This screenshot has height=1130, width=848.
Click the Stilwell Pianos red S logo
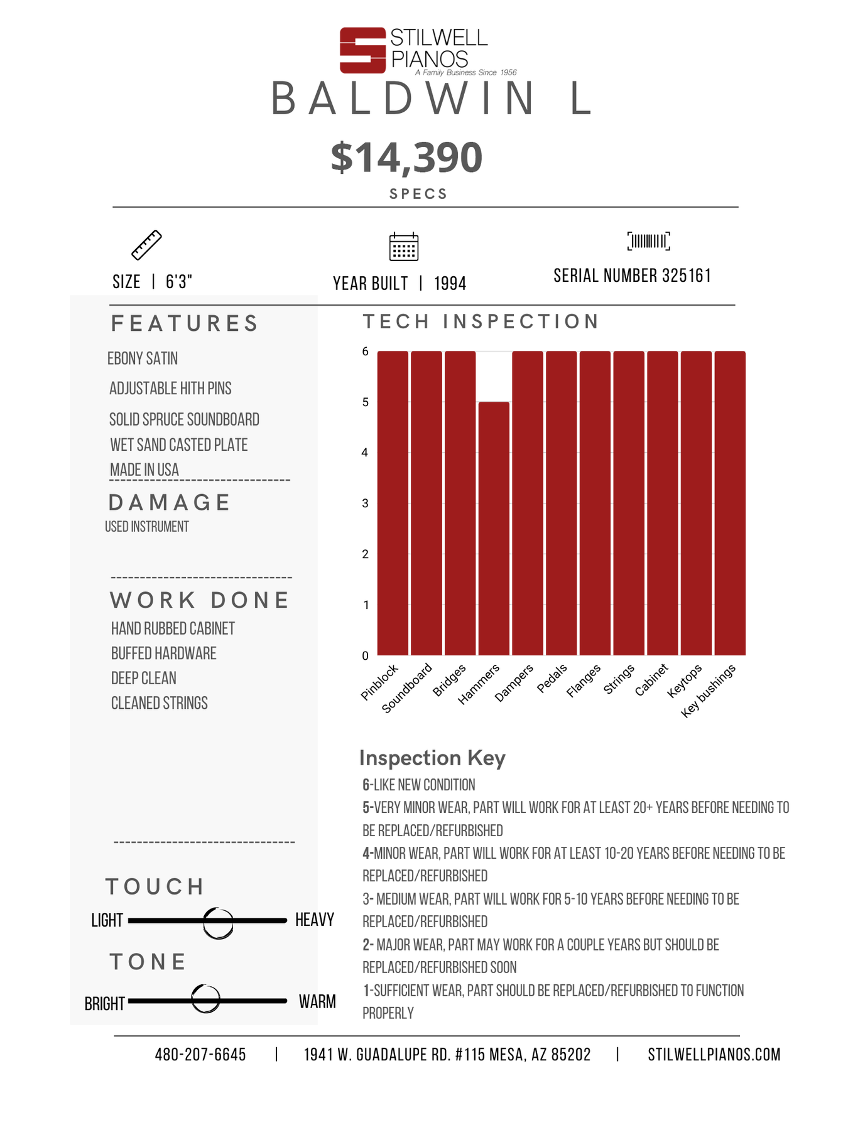coord(362,50)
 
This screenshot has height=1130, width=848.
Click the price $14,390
coord(406,157)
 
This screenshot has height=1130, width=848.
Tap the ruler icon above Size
coord(146,245)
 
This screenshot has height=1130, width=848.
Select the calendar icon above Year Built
coord(404,246)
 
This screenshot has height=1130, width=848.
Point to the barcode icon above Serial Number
coord(648,241)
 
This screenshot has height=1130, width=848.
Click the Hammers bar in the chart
coord(494,529)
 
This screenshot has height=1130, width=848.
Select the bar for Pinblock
coord(393,503)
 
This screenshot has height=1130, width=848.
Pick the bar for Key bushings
coord(730,503)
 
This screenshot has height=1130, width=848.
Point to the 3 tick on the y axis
coord(365,503)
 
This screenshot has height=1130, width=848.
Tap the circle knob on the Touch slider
coord(219,922)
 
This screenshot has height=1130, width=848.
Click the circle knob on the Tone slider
coord(205,999)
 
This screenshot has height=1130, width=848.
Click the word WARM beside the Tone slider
coord(317,1001)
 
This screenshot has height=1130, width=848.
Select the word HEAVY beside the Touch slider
coord(315,920)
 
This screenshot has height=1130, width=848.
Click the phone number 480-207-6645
coord(200,1055)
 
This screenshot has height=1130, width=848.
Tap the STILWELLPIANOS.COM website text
coord(714,1055)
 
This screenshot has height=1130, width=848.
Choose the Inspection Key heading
coord(432,758)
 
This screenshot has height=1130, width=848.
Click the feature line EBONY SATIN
coord(143,358)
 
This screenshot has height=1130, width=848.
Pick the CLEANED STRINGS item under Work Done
coord(160,703)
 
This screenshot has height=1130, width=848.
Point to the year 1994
coord(450,284)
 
